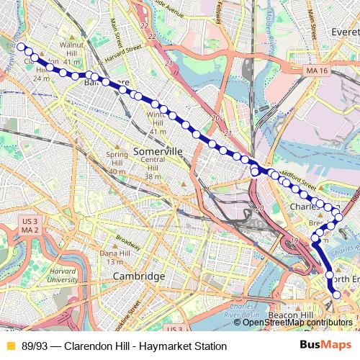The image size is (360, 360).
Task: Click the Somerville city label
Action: pyautogui.click(x=158, y=151)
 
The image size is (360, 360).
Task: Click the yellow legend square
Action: pyautogui.click(x=10, y=346)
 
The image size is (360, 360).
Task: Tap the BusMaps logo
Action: pyautogui.click(x=326, y=346)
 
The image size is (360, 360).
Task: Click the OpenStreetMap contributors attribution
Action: pyautogui.click(x=297, y=323)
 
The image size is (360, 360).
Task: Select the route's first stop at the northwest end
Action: pyautogui.click(x=22, y=48)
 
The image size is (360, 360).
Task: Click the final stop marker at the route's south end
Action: pyautogui.click(x=337, y=293)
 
